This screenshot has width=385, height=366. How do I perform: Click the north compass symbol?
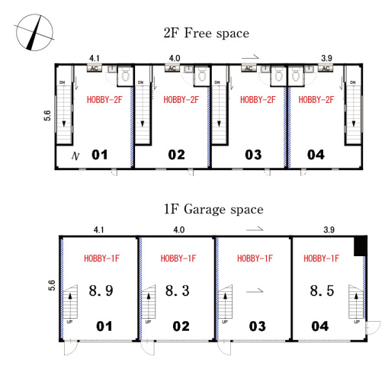tap(34, 33)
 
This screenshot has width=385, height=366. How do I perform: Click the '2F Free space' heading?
tap(207, 34)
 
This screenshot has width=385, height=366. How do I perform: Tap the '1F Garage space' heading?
tap(213, 210)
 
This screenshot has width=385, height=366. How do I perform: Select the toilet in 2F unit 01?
tap(126, 75)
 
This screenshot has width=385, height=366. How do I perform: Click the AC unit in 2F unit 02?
tap(172, 69)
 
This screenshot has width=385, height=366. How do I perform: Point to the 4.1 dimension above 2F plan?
tap(95, 59)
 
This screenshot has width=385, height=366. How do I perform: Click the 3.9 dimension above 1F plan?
tap(329, 230)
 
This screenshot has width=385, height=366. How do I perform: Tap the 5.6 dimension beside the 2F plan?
tap(47, 116)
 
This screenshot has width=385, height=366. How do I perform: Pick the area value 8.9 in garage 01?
tap(101, 291)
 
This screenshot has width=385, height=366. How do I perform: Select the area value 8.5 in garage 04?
tap(322, 291)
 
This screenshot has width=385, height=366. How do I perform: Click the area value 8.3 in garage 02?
tap(178, 291)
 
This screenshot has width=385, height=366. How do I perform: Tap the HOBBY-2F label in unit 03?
tap(258, 100)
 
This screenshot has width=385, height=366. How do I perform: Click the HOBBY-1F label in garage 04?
tap(321, 258)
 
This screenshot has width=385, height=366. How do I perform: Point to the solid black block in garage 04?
tap(361, 246)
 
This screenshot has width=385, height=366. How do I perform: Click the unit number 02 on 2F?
tap(176, 155)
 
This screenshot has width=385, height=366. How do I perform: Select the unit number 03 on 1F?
tap(257, 326)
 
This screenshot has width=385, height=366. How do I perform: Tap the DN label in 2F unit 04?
tap(353, 82)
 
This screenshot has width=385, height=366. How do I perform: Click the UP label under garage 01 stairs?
tap(69, 322)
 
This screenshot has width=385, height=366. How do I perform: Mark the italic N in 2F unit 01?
tap(75, 156)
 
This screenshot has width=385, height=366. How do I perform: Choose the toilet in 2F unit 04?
tap(295, 75)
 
